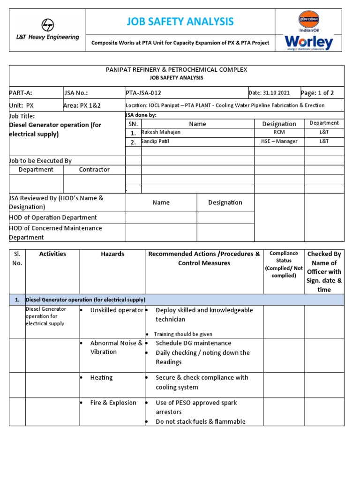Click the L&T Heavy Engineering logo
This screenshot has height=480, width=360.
[x=47, y=30]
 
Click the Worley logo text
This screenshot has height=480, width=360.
[x=309, y=43]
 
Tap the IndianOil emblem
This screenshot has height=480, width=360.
[x=309, y=20]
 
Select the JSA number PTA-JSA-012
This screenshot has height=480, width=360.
[x=144, y=93]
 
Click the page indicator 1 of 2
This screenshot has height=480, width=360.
[x=317, y=93]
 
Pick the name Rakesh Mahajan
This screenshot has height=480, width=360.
[x=160, y=132]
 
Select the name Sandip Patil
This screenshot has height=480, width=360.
[x=157, y=141]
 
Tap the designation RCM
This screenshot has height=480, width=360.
[x=279, y=132]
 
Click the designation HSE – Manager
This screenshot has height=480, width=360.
[x=279, y=141]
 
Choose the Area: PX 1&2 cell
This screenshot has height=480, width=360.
[x=82, y=105]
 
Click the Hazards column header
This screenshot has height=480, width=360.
[x=112, y=254]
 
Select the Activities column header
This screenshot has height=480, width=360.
[x=52, y=254]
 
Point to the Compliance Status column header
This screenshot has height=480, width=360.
[x=284, y=264]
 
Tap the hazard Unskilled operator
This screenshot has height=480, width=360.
[x=116, y=310]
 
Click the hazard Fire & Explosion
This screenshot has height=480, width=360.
[x=113, y=403]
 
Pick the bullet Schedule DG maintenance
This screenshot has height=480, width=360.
[x=193, y=343]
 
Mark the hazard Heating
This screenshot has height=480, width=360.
[x=101, y=377]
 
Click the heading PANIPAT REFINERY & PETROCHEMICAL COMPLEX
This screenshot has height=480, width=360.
[x=176, y=69]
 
